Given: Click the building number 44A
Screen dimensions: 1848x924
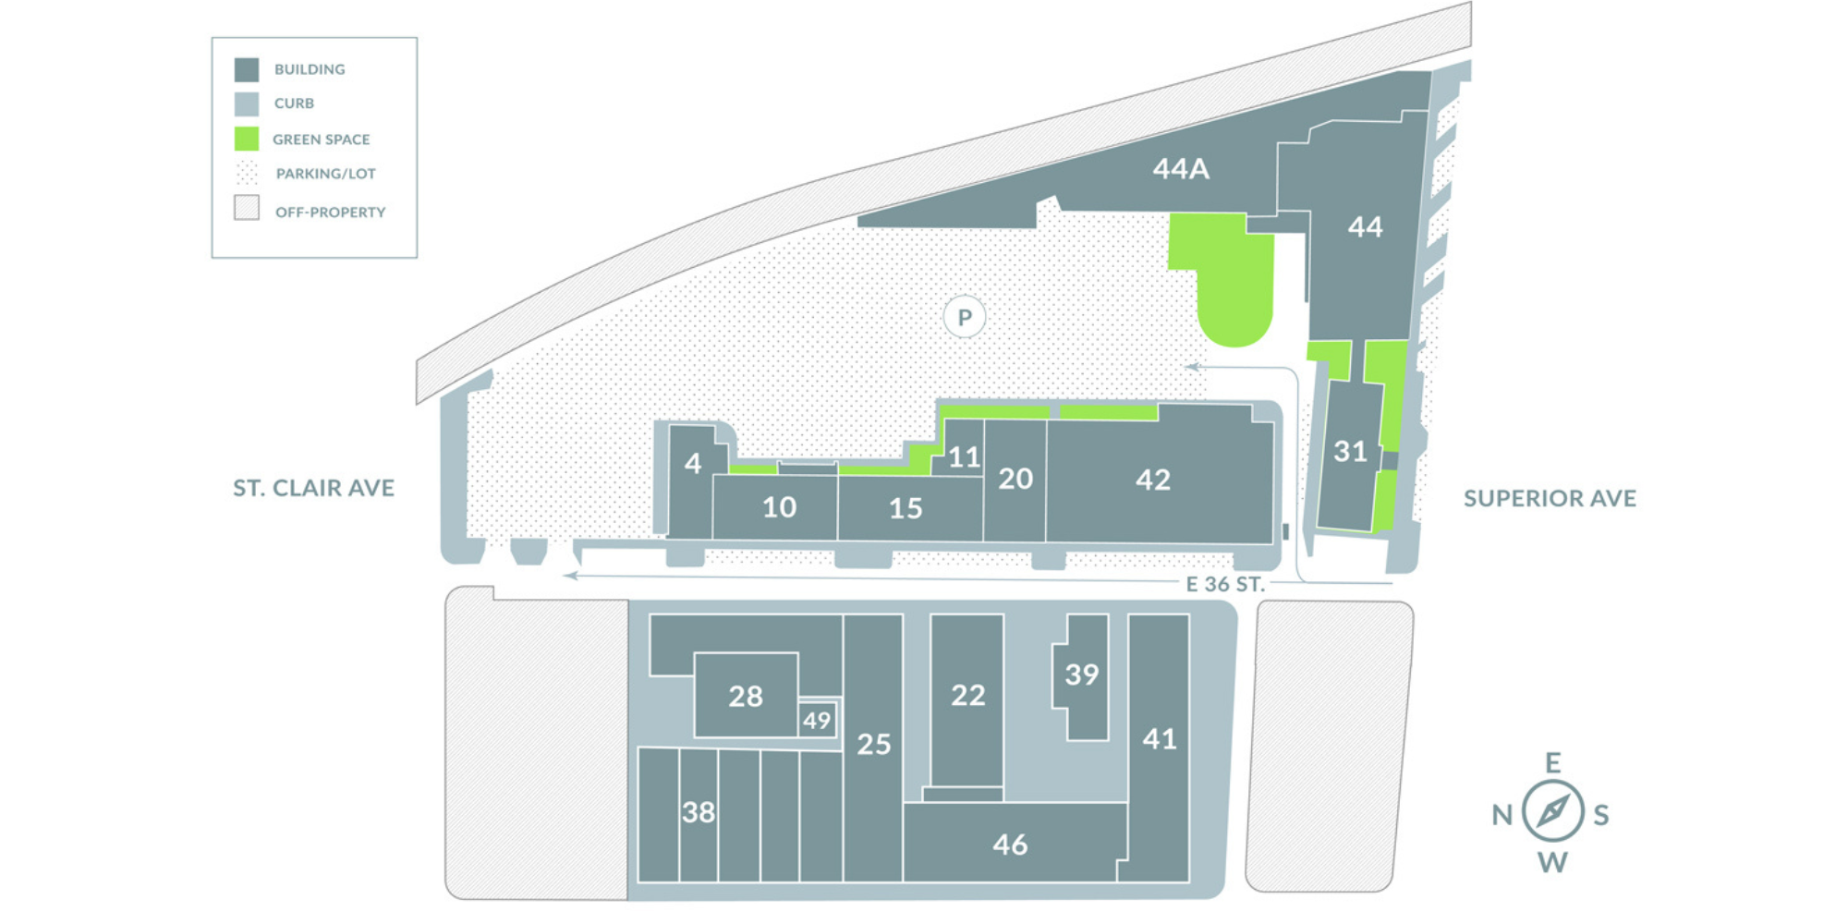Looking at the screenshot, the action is (x=1181, y=169).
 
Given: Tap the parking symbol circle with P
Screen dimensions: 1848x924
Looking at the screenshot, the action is (x=965, y=318).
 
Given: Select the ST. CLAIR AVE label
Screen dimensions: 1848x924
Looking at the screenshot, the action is (x=313, y=488).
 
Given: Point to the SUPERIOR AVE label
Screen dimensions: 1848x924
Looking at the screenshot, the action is (x=1550, y=499).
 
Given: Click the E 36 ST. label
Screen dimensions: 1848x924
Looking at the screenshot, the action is (x=1225, y=584).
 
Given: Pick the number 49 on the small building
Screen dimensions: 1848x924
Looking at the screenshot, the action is (x=817, y=721).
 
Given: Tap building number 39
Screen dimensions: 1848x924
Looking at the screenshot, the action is (x=1082, y=675).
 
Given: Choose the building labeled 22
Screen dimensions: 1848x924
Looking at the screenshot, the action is (x=968, y=695).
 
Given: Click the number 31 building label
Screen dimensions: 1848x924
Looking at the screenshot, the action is (x=1350, y=452).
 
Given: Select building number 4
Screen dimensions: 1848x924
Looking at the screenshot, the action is (x=693, y=463).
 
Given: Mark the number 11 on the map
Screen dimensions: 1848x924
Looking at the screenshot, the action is (x=964, y=456).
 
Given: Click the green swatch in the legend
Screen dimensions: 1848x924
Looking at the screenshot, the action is (x=247, y=139).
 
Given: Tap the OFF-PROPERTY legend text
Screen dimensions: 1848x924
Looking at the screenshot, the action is (x=330, y=213).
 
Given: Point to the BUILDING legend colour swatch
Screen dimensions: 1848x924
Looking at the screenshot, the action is (x=247, y=69).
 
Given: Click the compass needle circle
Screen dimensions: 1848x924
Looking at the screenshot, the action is (x=1553, y=812).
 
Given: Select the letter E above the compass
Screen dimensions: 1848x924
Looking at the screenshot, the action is (x=1553, y=763).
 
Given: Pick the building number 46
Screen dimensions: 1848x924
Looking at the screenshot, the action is (x=1010, y=845).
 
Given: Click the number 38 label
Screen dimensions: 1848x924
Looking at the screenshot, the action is (x=699, y=812).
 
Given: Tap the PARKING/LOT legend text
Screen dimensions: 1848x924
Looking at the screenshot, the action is (x=325, y=174).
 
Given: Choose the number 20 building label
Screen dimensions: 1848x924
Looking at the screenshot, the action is (x=1015, y=479).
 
